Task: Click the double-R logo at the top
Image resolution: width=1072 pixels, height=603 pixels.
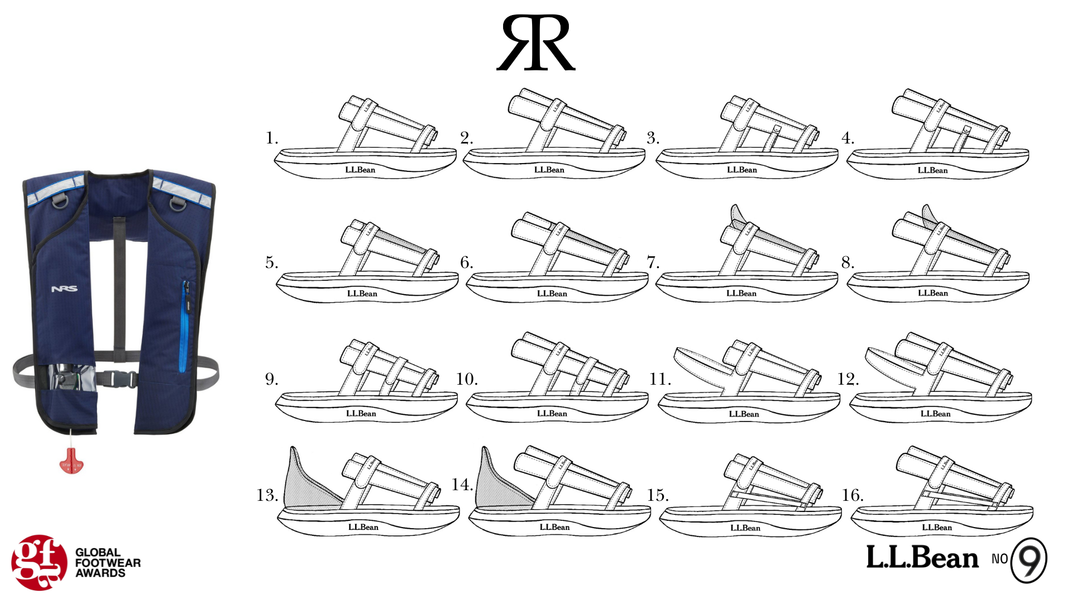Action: tap(535, 43)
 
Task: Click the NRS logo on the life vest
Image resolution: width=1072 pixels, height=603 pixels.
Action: tap(64, 289)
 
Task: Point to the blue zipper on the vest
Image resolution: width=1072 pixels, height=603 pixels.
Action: tap(183, 327)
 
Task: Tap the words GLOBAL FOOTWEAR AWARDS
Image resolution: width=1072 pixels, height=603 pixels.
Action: tap(108, 563)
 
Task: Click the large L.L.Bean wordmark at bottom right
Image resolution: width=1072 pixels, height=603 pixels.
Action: tap(922, 558)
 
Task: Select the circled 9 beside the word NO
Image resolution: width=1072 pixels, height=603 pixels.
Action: tap(1029, 560)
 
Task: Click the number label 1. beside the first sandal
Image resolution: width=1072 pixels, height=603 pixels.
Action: tap(271, 138)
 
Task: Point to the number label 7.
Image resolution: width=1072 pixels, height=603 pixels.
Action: tap(653, 262)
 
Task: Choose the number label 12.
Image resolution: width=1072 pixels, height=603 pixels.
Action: tap(848, 379)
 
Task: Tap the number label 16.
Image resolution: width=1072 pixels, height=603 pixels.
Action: tap(853, 495)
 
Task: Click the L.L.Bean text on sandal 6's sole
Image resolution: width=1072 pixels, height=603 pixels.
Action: tap(552, 294)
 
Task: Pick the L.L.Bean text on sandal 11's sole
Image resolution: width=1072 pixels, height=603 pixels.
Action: tap(744, 414)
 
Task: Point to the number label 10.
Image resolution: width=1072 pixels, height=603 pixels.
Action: tap(466, 379)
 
